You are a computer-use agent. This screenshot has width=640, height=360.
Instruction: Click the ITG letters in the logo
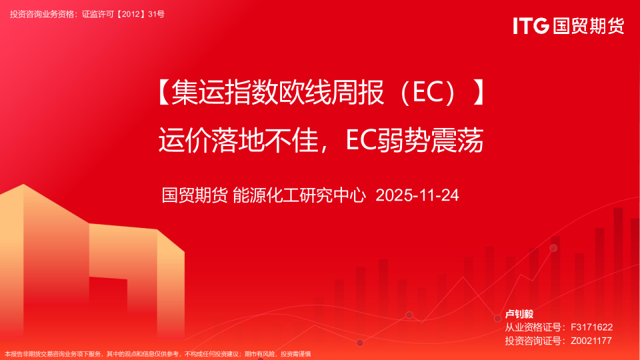(531, 26)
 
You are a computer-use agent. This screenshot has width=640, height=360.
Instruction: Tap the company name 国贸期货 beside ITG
(589, 26)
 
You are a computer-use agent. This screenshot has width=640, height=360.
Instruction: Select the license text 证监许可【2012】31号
(123, 14)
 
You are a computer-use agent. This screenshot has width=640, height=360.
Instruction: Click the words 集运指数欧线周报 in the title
(277, 92)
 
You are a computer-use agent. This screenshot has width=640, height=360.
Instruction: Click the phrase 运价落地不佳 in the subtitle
(239, 140)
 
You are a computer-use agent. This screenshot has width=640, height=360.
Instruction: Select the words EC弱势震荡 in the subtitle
(415, 140)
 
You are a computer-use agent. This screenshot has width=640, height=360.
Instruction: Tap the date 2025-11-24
(417, 195)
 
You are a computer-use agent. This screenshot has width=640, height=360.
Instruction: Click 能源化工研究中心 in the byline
(299, 195)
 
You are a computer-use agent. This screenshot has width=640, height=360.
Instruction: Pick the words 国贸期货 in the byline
(195, 195)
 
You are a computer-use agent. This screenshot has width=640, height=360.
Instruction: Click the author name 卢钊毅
(519, 314)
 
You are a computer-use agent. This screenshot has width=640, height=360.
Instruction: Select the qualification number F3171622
(591, 327)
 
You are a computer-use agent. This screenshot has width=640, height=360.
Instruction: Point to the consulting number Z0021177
(591, 341)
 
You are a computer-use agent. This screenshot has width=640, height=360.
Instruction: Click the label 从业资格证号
(533, 327)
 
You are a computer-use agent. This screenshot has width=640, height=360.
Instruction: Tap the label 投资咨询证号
(533, 341)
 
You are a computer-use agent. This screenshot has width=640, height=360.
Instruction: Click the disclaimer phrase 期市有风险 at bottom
(259, 354)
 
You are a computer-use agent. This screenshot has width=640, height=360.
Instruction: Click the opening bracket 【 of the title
(164, 92)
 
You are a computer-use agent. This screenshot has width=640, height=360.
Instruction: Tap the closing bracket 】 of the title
(479, 92)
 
